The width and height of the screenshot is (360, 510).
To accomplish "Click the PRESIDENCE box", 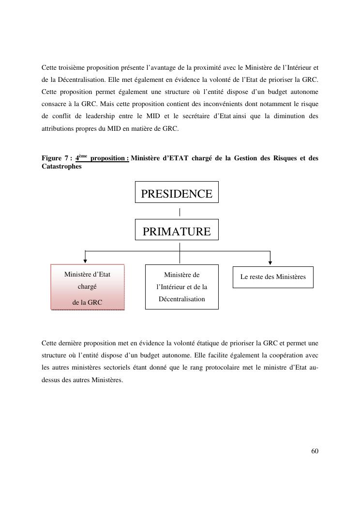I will click(177, 192).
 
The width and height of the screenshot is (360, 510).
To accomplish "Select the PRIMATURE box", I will click(177, 230).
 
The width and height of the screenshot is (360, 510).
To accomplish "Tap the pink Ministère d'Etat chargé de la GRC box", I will click(88, 287).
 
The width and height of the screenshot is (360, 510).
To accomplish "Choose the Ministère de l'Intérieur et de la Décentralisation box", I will click(181, 287).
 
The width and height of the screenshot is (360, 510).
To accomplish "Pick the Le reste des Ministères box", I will click(273, 277).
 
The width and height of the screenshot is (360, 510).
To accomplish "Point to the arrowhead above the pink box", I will click(85, 261).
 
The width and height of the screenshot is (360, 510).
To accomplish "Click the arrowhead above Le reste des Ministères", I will click(270, 261).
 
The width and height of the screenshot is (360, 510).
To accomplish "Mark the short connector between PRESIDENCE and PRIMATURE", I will click(180, 212).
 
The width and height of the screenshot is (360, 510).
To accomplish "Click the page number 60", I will click(315, 451).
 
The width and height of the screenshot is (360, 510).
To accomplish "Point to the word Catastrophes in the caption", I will click(61, 166).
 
